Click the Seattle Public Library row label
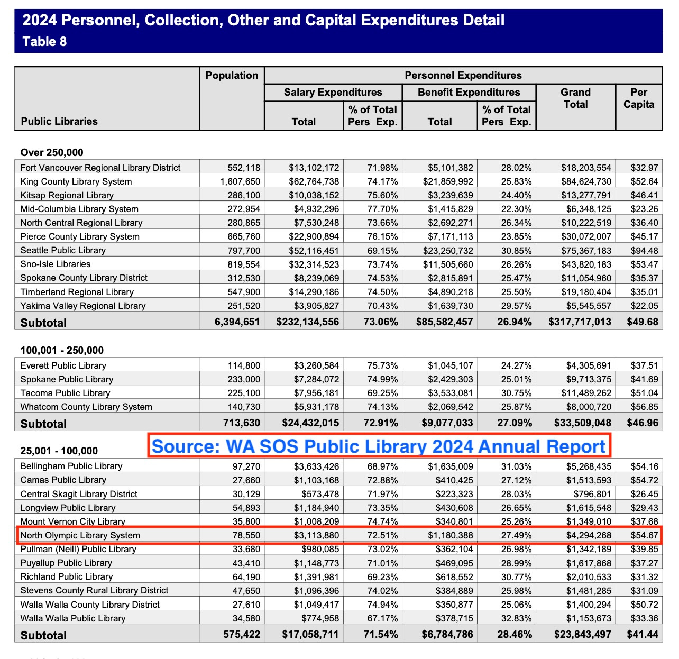pos(63,250)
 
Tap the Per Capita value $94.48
pos(644,251)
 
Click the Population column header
pos(232,76)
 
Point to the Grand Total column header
pos(575,98)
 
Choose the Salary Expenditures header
pos(333,93)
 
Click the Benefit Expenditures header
pos(469,93)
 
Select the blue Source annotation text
pos(379,446)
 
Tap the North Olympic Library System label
pos(80,535)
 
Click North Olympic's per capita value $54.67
pos(644,535)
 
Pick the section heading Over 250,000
pos(52,153)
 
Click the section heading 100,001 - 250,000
pos(62,350)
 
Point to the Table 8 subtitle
pos(44,42)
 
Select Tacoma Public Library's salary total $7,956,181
pos(316,393)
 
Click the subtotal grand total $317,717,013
pos(580,322)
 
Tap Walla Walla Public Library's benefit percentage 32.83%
pos(516,618)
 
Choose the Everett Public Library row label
pos(63,365)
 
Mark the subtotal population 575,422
pos(241,634)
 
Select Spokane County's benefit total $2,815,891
pos(450,278)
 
